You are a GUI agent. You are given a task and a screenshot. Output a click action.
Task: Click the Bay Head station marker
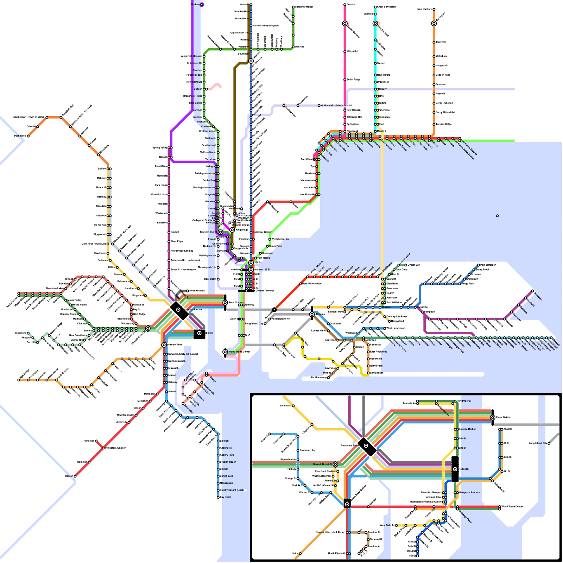pyautogui.click(x=218, y=497)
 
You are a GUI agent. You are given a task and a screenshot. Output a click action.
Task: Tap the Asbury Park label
pyautogui.click(x=227, y=455)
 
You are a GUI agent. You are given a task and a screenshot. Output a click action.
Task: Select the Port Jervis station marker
pyautogui.click(x=28, y=136)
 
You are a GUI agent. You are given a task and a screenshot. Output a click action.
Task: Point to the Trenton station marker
pyautogui.click(x=75, y=476)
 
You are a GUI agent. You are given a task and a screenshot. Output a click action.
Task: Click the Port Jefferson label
pyautogui.click(x=488, y=265)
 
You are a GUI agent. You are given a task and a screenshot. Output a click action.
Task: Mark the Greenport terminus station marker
pyautogui.click(x=532, y=291)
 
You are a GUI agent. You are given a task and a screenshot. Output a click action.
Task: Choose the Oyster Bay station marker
pyautogui.click(x=406, y=265)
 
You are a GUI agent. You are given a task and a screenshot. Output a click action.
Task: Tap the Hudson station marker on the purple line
pyautogui.click(x=202, y=5)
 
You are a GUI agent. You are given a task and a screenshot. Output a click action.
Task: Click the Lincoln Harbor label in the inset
pyautogui.click(x=468, y=429)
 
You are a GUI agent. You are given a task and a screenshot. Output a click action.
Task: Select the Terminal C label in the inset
pyautogui.click(x=374, y=532)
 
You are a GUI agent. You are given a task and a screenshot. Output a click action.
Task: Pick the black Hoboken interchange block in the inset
pyautogui.click(x=455, y=469)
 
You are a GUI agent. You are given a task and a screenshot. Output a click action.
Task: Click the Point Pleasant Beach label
pyautogui.click(x=232, y=490)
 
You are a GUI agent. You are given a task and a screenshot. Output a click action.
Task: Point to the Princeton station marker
pyautogui.click(x=96, y=441)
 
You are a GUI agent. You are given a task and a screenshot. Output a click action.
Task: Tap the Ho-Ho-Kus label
pyautogui.click(x=100, y=225)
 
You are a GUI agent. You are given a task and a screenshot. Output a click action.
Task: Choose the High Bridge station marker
pyautogui.click(x=19, y=380)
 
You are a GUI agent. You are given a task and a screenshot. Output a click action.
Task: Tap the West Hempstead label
pyautogui.click(x=396, y=328)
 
